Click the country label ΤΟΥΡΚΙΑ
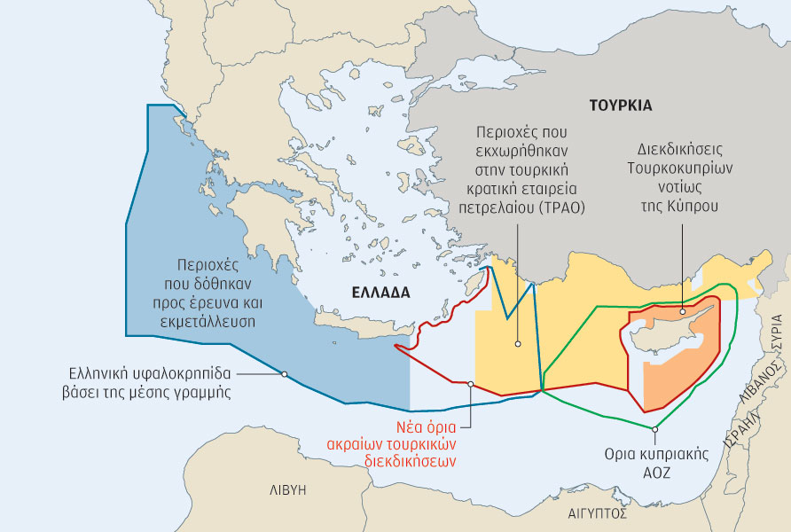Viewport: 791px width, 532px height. (620, 105)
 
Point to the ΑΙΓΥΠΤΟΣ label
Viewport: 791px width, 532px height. (598, 513)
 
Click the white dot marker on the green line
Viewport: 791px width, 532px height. (654, 429)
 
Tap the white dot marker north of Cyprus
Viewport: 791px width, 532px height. (682, 310)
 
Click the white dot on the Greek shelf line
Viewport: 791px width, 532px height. (284, 374)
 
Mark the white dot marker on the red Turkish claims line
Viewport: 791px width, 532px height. (471, 384)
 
